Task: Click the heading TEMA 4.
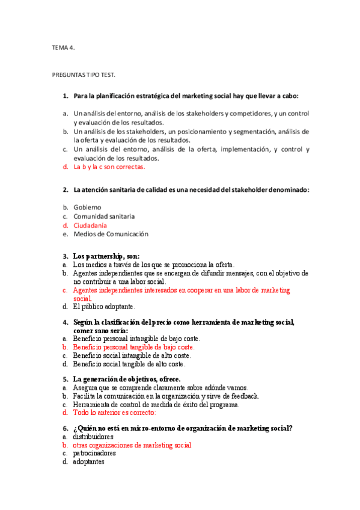click(63, 48)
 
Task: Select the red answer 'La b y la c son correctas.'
click(109, 167)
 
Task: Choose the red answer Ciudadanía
click(91, 225)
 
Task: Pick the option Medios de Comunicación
click(111, 234)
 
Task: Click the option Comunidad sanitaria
click(104, 216)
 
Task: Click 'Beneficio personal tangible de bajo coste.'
click(133, 347)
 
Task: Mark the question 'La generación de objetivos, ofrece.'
click(126, 379)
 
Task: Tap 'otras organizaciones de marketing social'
click(132, 445)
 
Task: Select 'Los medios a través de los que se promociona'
click(153, 264)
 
